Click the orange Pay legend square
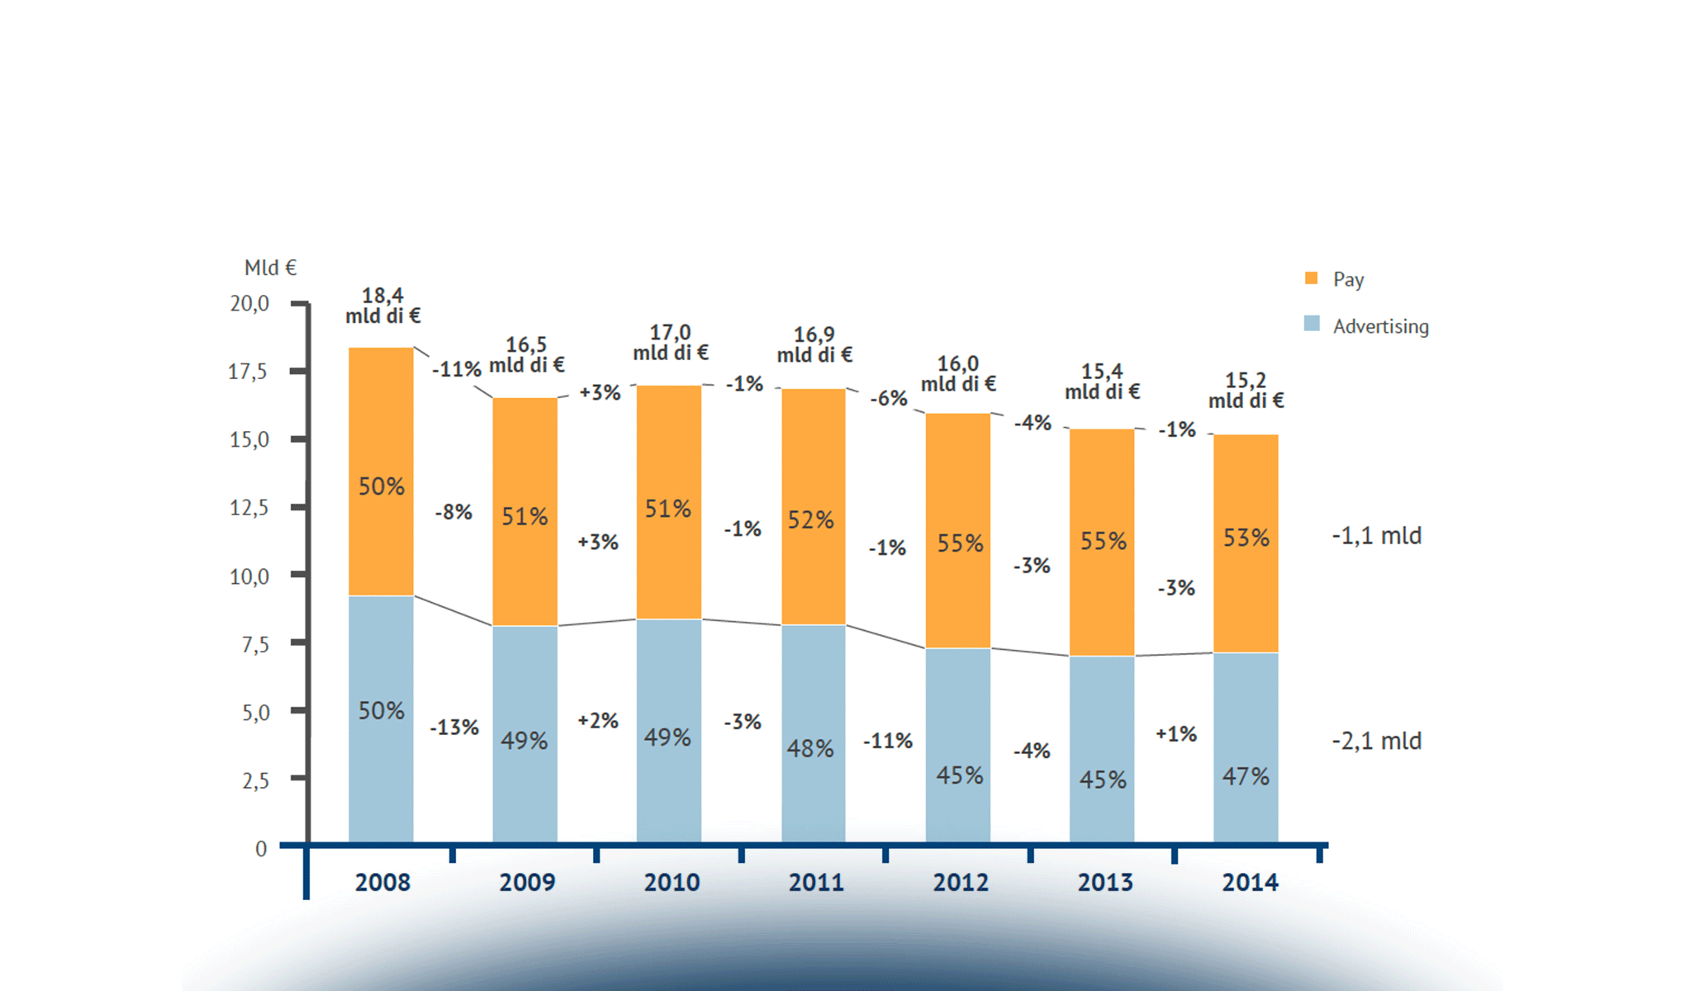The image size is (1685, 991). [x=1311, y=278]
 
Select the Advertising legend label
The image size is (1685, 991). [x=1380, y=326]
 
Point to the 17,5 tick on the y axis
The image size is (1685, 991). [x=248, y=372]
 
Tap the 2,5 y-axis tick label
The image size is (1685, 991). [x=255, y=780]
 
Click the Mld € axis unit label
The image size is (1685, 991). [x=270, y=268]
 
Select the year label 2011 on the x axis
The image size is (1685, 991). [x=816, y=882]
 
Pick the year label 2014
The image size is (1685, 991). [x=1250, y=882]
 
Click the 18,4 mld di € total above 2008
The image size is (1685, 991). [x=382, y=306]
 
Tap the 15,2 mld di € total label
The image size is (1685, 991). [x=1246, y=391]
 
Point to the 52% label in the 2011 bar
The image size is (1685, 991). [x=810, y=519]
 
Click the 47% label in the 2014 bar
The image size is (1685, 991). [x=1246, y=776]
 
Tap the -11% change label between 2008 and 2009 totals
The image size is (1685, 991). [x=456, y=369]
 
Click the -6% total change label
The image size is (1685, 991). [x=889, y=398]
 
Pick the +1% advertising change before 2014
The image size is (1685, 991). [x=1176, y=733]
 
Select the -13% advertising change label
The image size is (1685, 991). [x=454, y=728]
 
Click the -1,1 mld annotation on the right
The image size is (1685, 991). [x=1376, y=536]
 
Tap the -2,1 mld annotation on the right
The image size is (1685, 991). [x=1376, y=741]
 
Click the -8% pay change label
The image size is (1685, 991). [x=453, y=512]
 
